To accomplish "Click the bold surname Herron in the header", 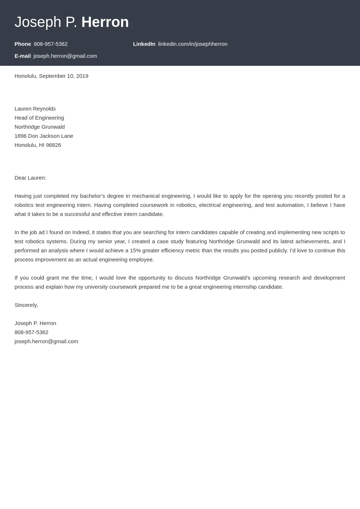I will [x=105, y=22].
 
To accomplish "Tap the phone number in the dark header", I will [x=51, y=44].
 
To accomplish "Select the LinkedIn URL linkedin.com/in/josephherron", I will [x=193, y=44].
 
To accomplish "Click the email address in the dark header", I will [x=65, y=56].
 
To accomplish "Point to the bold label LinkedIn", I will [x=144, y=44].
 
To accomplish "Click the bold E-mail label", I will [x=23, y=56].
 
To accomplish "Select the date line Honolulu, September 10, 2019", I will [x=51, y=76].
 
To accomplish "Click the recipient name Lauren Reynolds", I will [x=35, y=109].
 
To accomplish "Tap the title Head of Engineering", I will [x=39, y=118].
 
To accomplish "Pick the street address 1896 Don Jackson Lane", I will [x=44, y=136].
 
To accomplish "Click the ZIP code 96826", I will [x=53, y=145].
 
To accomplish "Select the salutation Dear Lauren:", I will [x=30, y=178].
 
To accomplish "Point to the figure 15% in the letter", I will [x=135, y=251].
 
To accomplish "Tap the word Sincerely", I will [x=26, y=305].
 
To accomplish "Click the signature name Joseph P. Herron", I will [x=35, y=323].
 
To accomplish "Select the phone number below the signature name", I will [x=31, y=332].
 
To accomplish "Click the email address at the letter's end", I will [x=46, y=341].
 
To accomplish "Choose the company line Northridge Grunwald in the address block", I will [x=40, y=127].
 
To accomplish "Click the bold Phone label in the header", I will [x=23, y=44].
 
